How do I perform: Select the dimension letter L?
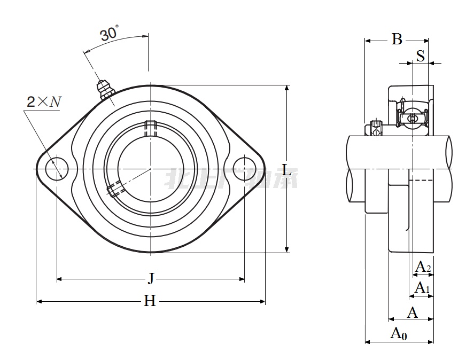(x=287, y=170)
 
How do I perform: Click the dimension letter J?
(x=151, y=278)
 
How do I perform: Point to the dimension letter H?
(x=150, y=301)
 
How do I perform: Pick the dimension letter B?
(x=397, y=40)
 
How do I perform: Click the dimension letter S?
(x=421, y=56)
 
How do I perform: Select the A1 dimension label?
(x=423, y=288)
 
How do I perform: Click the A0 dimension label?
(x=399, y=334)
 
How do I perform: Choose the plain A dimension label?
(x=412, y=312)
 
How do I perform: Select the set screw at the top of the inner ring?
(x=150, y=128)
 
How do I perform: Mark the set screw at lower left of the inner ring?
(x=114, y=190)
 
